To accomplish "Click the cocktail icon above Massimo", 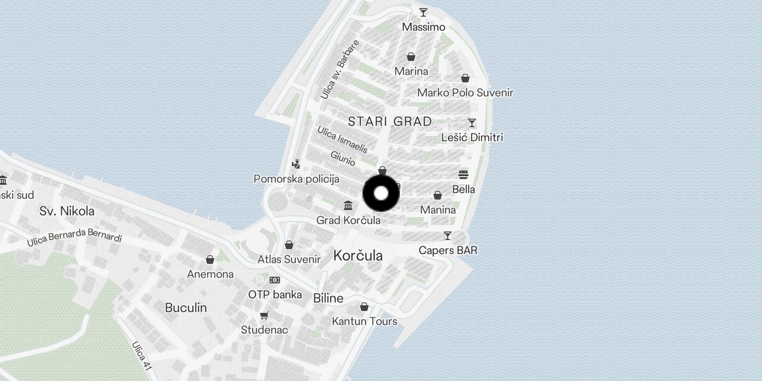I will point(423,12).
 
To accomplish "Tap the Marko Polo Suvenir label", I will point(465,93).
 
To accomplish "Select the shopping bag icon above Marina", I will point(411,57).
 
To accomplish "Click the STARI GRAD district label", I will point(390,121).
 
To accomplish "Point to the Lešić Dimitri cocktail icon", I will point(472,123).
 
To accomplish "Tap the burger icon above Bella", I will point(463,175).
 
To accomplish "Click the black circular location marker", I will point(381,193).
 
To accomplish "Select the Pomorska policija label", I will point(296,179).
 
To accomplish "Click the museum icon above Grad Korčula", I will point(348,206).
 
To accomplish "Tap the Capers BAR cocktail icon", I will point(448,236).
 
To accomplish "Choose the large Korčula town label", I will point(358,256).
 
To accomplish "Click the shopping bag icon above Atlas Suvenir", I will point(289,245).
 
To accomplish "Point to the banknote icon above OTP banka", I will point(275,280).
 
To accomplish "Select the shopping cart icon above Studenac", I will point(264,315).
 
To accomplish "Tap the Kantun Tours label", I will point(364,321).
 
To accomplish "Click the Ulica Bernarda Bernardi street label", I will point(74,237).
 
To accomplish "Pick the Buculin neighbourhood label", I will point(186,308).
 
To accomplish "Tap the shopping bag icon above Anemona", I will point(210,260).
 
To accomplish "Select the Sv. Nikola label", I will point(67,211).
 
